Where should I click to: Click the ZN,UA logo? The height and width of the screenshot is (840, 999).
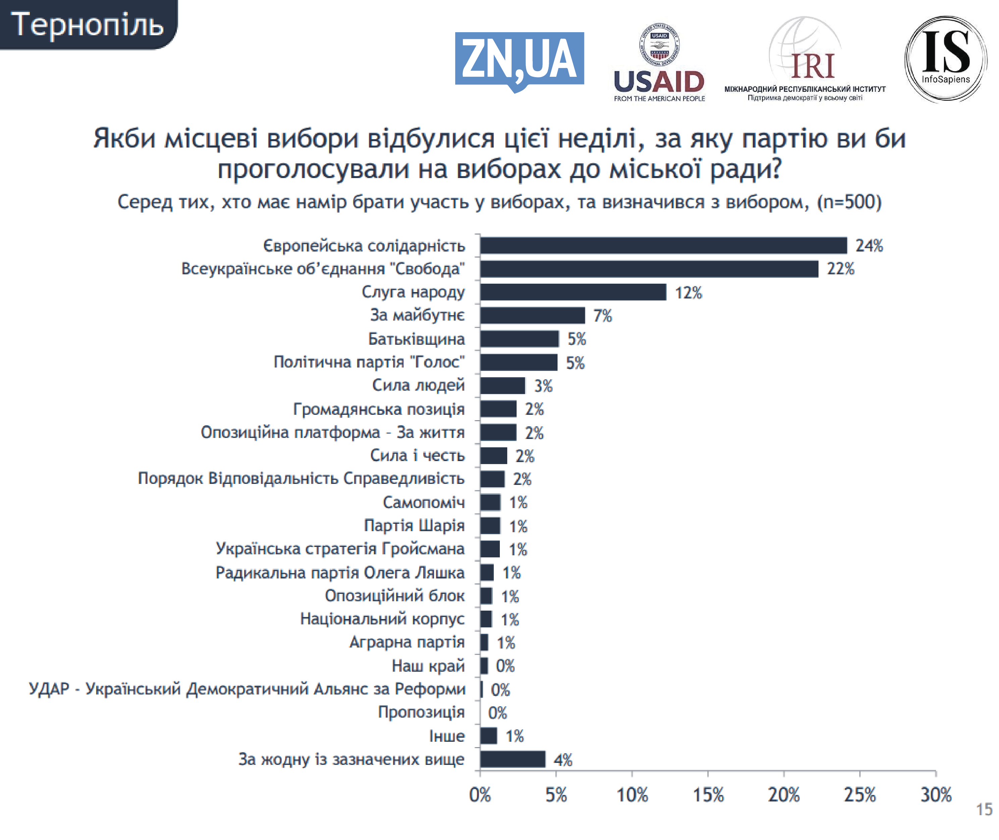pyautogui.click(x=519, y=60)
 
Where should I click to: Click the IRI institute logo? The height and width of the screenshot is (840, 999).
pyautogui.click(x=805, y=60)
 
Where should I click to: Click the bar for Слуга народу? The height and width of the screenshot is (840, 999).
pyautogui.click(x=573, y=292)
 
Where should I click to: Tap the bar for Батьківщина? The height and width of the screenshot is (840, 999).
pyautogui.click(x=519, y=339)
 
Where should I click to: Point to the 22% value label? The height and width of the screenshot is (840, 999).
pyautogui.click(x=840, y=269)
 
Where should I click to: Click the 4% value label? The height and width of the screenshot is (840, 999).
pyautogui.click(x=563, y=760)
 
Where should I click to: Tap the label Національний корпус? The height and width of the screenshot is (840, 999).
pyautogui.click(x=382, y=619)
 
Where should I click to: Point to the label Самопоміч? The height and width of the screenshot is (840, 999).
pyautogui.click(x=423, y=502)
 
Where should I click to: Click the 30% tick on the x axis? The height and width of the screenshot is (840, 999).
pyautogui.click(x=936, y=795)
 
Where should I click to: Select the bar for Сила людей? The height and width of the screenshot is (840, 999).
pyautogui.click(x=503, y=386)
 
